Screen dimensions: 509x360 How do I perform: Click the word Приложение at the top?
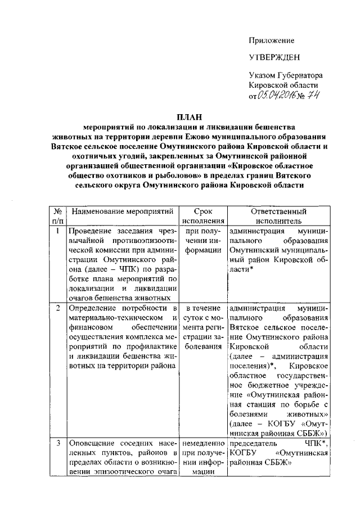coord(272,40)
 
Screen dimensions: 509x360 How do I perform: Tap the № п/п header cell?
coord(57,217)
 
